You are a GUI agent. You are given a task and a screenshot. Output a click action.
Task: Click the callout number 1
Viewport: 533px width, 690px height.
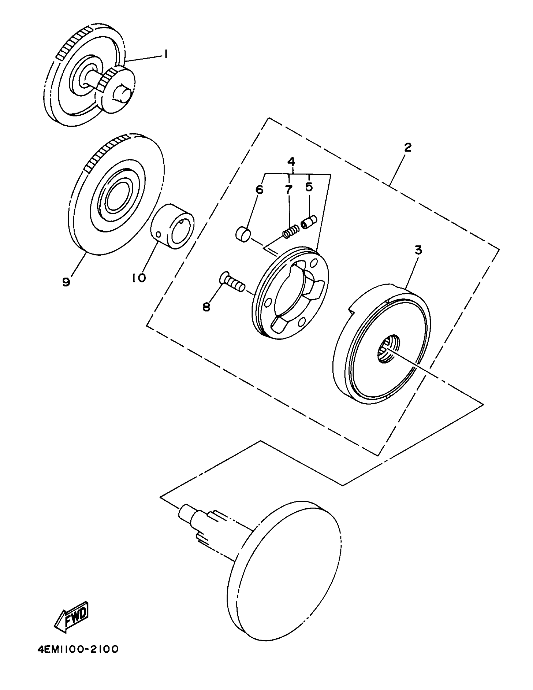coord(165,55)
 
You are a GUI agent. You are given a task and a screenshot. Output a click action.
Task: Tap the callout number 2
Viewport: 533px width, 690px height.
coord(408,147)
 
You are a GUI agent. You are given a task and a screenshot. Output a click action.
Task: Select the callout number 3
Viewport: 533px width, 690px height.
coord(418,250)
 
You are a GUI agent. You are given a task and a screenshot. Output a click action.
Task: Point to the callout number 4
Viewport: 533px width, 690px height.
coord(291,162)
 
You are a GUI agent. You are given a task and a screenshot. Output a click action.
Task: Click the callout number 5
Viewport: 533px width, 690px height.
coord(309,187)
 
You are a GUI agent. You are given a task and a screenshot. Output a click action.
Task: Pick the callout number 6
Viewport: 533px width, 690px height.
coord(259,190)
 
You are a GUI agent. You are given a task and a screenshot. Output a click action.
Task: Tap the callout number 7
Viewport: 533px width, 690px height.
coord(289,190)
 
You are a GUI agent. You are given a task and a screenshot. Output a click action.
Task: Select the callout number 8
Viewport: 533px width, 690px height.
coord(206,306)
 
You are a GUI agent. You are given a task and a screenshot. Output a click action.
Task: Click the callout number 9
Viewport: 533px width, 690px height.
coord(66,281)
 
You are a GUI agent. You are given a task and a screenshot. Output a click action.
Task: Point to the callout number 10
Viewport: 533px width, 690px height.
coord(139,278)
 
